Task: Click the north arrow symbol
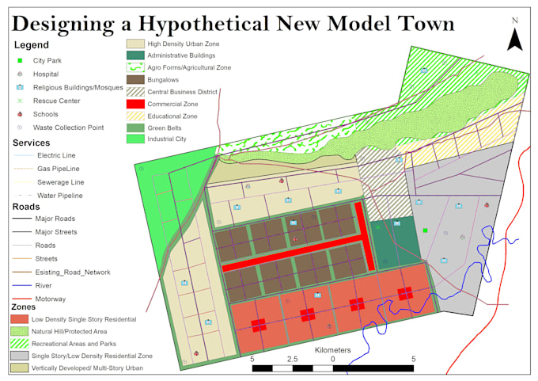pyautogui.click(x=515, y=36)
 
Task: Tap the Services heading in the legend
pyautogui.click(x=32, y=143)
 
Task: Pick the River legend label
pyautogui.click(x=44, y=285)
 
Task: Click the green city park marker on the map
pyautogui.click(x=425, y=231)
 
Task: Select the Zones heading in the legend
pyautogui.click(x=28, y=307)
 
